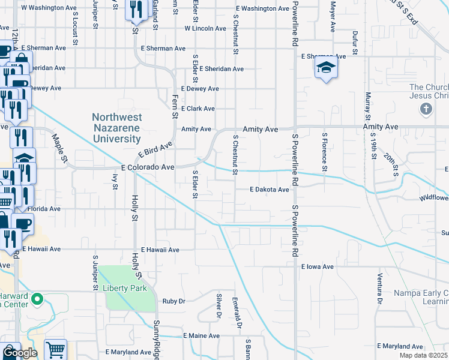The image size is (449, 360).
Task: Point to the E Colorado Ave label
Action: click(x=148, y=168)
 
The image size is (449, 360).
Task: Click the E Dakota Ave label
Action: click(x=270, y=190)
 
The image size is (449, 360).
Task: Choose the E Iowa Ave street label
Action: click(x=317, y=266)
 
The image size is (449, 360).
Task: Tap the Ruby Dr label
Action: click(x=174, y=301)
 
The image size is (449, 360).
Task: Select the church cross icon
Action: click(x=426, y=109)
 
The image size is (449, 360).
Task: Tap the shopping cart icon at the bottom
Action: click(x=55, y=349)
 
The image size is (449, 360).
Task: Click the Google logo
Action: click(x=20, y=353)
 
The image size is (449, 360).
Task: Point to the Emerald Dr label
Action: click(x=238, y=313)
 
